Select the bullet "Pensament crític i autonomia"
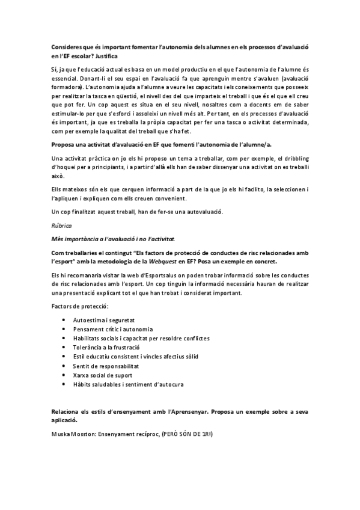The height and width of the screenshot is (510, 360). point(112,330)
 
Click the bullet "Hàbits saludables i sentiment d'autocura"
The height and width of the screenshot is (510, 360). point(128,384)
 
